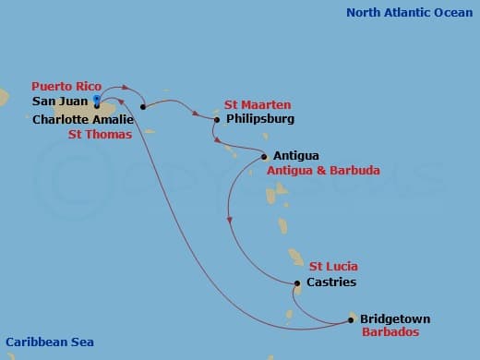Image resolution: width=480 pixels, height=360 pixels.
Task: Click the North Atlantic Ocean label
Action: click(x=409, y=12)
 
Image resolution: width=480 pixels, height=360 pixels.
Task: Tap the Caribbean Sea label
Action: click(x=49, y=342)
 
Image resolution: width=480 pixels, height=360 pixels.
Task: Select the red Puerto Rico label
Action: click(x=66, y=86)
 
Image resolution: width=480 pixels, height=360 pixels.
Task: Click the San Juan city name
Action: click(x=60, y=102)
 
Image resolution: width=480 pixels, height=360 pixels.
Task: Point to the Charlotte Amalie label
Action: click(x=81, y=119)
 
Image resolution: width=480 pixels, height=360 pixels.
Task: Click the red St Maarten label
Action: click(x=258, y=105)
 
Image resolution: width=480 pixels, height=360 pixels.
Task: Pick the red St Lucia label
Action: click(x=333, y=267)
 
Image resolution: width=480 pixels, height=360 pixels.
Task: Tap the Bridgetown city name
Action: click(x=395, y=318)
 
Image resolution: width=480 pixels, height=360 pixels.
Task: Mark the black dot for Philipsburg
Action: click(x=217, y=119)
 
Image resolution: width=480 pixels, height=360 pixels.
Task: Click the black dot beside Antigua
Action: click(x=265, y=156)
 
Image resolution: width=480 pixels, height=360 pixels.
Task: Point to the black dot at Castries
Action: click(x=297, y=283)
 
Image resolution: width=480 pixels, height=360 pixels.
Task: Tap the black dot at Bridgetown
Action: click(x=351, y=319)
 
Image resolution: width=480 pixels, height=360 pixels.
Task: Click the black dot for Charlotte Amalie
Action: click(x=143, y=106)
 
